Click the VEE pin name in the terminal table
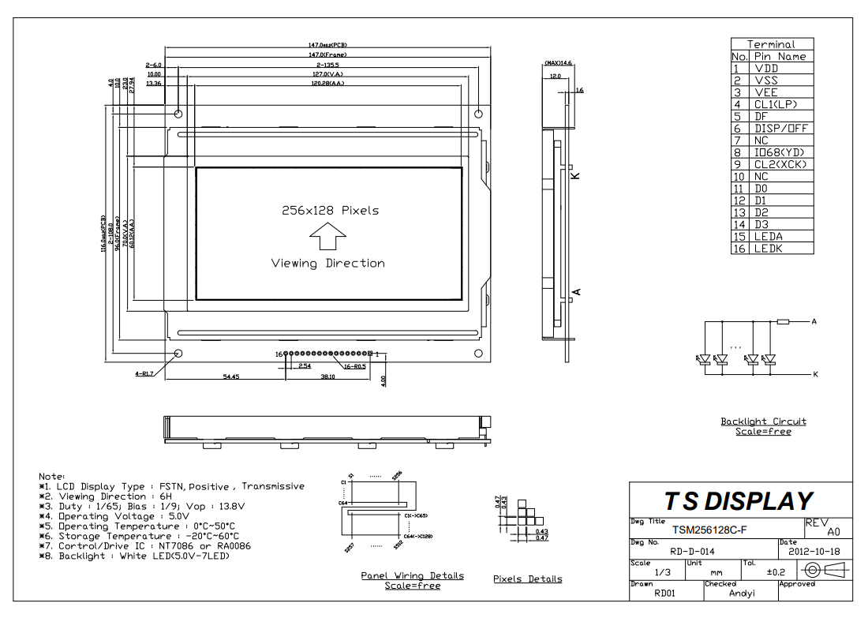click(x=766, y=92)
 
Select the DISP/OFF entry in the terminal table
click(x=781, y=128)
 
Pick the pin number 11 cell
click(x=739, y=189)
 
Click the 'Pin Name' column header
click(x=780, y=57)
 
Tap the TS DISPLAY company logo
click(x=738, y=501)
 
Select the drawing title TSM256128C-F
click(x=710, y=529)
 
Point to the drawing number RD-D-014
click(x=692, y=551)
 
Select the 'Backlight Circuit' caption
click(x=763, y=421)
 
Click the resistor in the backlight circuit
click(x=783, y=322)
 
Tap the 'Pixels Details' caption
click(x=528, y=579)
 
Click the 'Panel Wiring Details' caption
click(x=412, y=575)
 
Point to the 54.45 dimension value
click(x=231, y=377)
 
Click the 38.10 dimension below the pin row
click(x=327, y=377)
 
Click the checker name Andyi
click(x=743, y=593)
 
